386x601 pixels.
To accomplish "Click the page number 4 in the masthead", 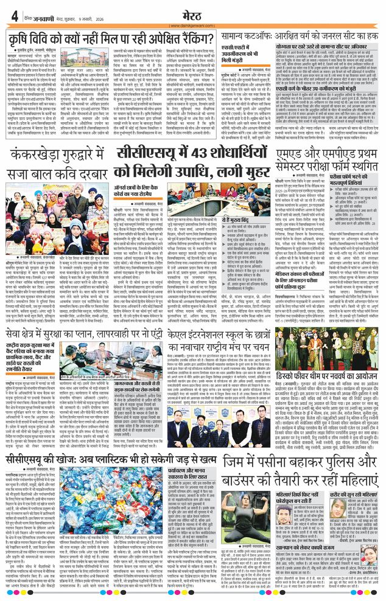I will (14, 16).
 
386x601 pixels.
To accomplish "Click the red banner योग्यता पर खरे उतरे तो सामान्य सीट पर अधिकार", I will (326, 45).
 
